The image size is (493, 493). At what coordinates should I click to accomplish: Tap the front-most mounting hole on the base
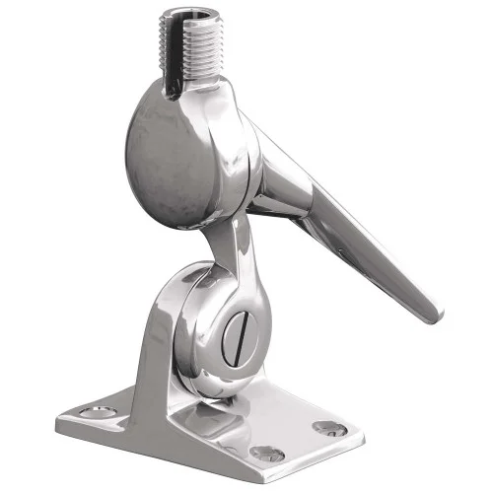(266, 454)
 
